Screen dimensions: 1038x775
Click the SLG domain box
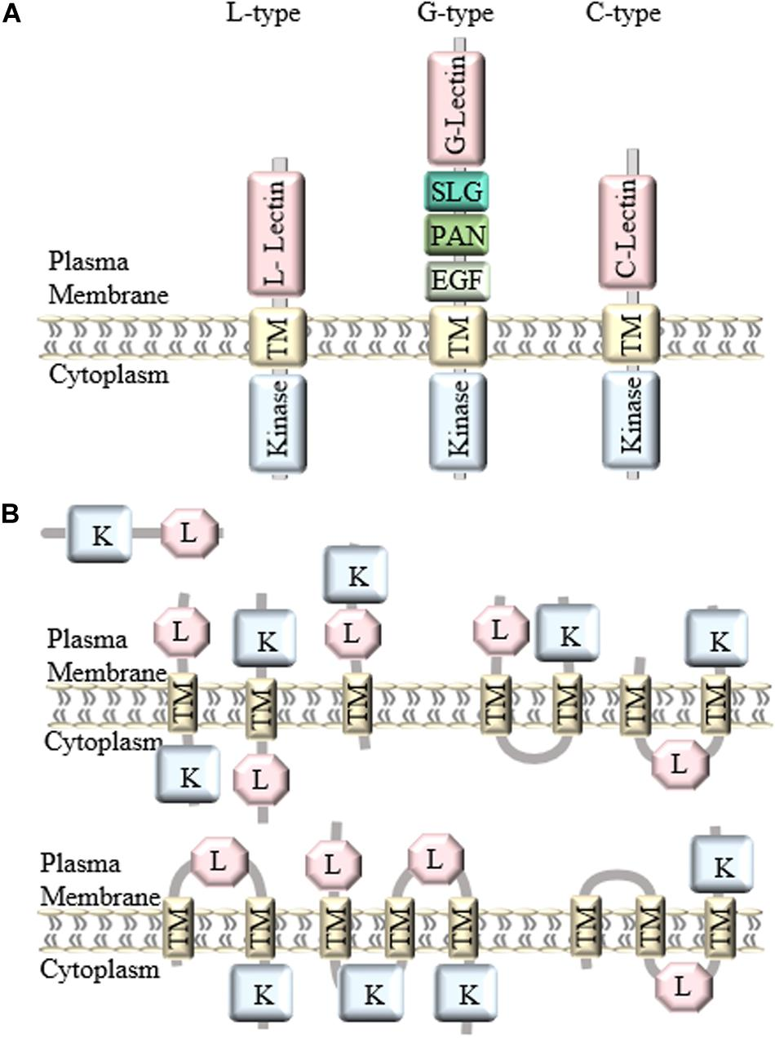coord(457,192)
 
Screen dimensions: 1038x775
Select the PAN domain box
coord(457,236)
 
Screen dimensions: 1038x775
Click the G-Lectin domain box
coord(457,108)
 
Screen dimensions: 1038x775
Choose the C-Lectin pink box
coord(631,232)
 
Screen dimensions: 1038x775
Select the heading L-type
coord(263,14)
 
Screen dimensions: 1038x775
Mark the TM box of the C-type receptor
coord(631,335)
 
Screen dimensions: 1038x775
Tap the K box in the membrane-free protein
coord(100,534)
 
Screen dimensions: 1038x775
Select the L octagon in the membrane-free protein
coord(189,534)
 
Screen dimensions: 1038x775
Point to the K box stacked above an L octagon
coord(356,575)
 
